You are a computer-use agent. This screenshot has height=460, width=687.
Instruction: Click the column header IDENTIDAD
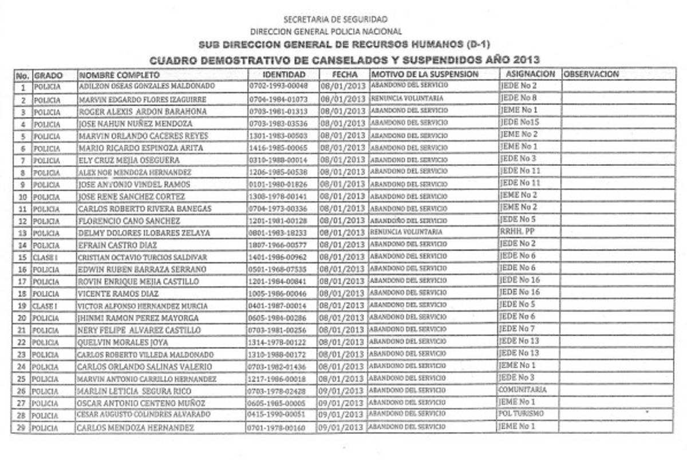pyautogui.click(x=284, y=74)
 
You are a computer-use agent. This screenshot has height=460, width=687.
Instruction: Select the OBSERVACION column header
pyautogui.click(x=591, y=74)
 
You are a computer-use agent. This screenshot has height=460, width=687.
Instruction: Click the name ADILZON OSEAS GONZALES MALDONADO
pyautogui.click(x=147, y=86)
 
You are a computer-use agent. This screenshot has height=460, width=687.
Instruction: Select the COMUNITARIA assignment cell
pyautogui.click(x=522, y=390)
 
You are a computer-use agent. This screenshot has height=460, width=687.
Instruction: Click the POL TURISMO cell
pyautogui.click(x=521, y=414)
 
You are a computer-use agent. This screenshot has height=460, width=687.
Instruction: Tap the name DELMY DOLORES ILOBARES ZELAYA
pyautogui.click(x=144, y=233)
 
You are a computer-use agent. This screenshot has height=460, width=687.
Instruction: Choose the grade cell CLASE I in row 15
pyautogui.click(x=45, y=257)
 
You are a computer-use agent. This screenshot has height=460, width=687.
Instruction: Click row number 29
pyautogui.click(x=22, y=427)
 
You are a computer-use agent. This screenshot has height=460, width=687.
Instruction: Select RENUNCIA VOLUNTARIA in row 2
pyautogui.click(x=407, y=98)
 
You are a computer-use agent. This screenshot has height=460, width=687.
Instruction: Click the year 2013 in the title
pyautogui.click(x=527, y=60)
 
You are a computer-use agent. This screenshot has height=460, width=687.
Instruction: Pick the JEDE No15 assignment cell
pyautogui.click(x=519, y=122)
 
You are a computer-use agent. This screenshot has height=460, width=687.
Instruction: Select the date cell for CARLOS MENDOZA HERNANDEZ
pyautogui.click(x=342, y=427)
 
